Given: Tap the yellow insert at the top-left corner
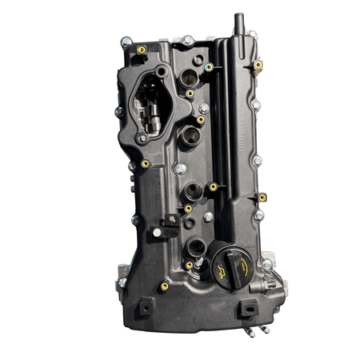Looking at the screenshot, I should pyautogui.click(x=142, y=50).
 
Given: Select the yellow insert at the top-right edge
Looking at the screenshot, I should pyautogui.click(x=258, y=64).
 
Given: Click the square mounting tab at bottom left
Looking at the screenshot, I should pyautogui.click(x=145, y=306).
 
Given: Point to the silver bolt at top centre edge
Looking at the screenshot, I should pyautogui.click(x=186, y=39).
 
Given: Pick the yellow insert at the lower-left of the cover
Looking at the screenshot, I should pyautogui.click(x=164, y=286).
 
